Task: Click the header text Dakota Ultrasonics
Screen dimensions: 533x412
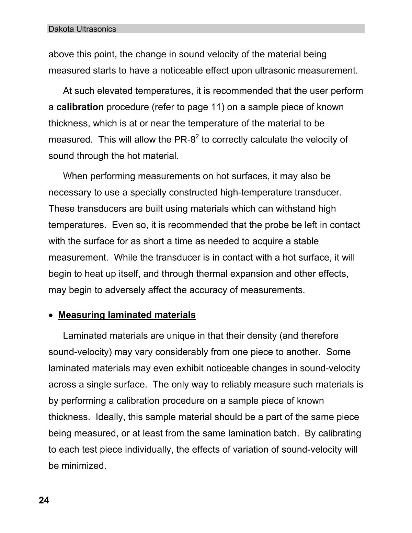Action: (82, 29)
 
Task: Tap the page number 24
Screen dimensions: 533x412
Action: (44, 500)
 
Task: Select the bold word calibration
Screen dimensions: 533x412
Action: (80, 107)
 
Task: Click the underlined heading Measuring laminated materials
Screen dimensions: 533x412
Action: (127, 315)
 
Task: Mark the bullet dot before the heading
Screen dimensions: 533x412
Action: (51, 315)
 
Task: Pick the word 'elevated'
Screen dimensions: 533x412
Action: (115, 91)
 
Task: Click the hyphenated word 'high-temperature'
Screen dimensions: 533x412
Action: (256, 192)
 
